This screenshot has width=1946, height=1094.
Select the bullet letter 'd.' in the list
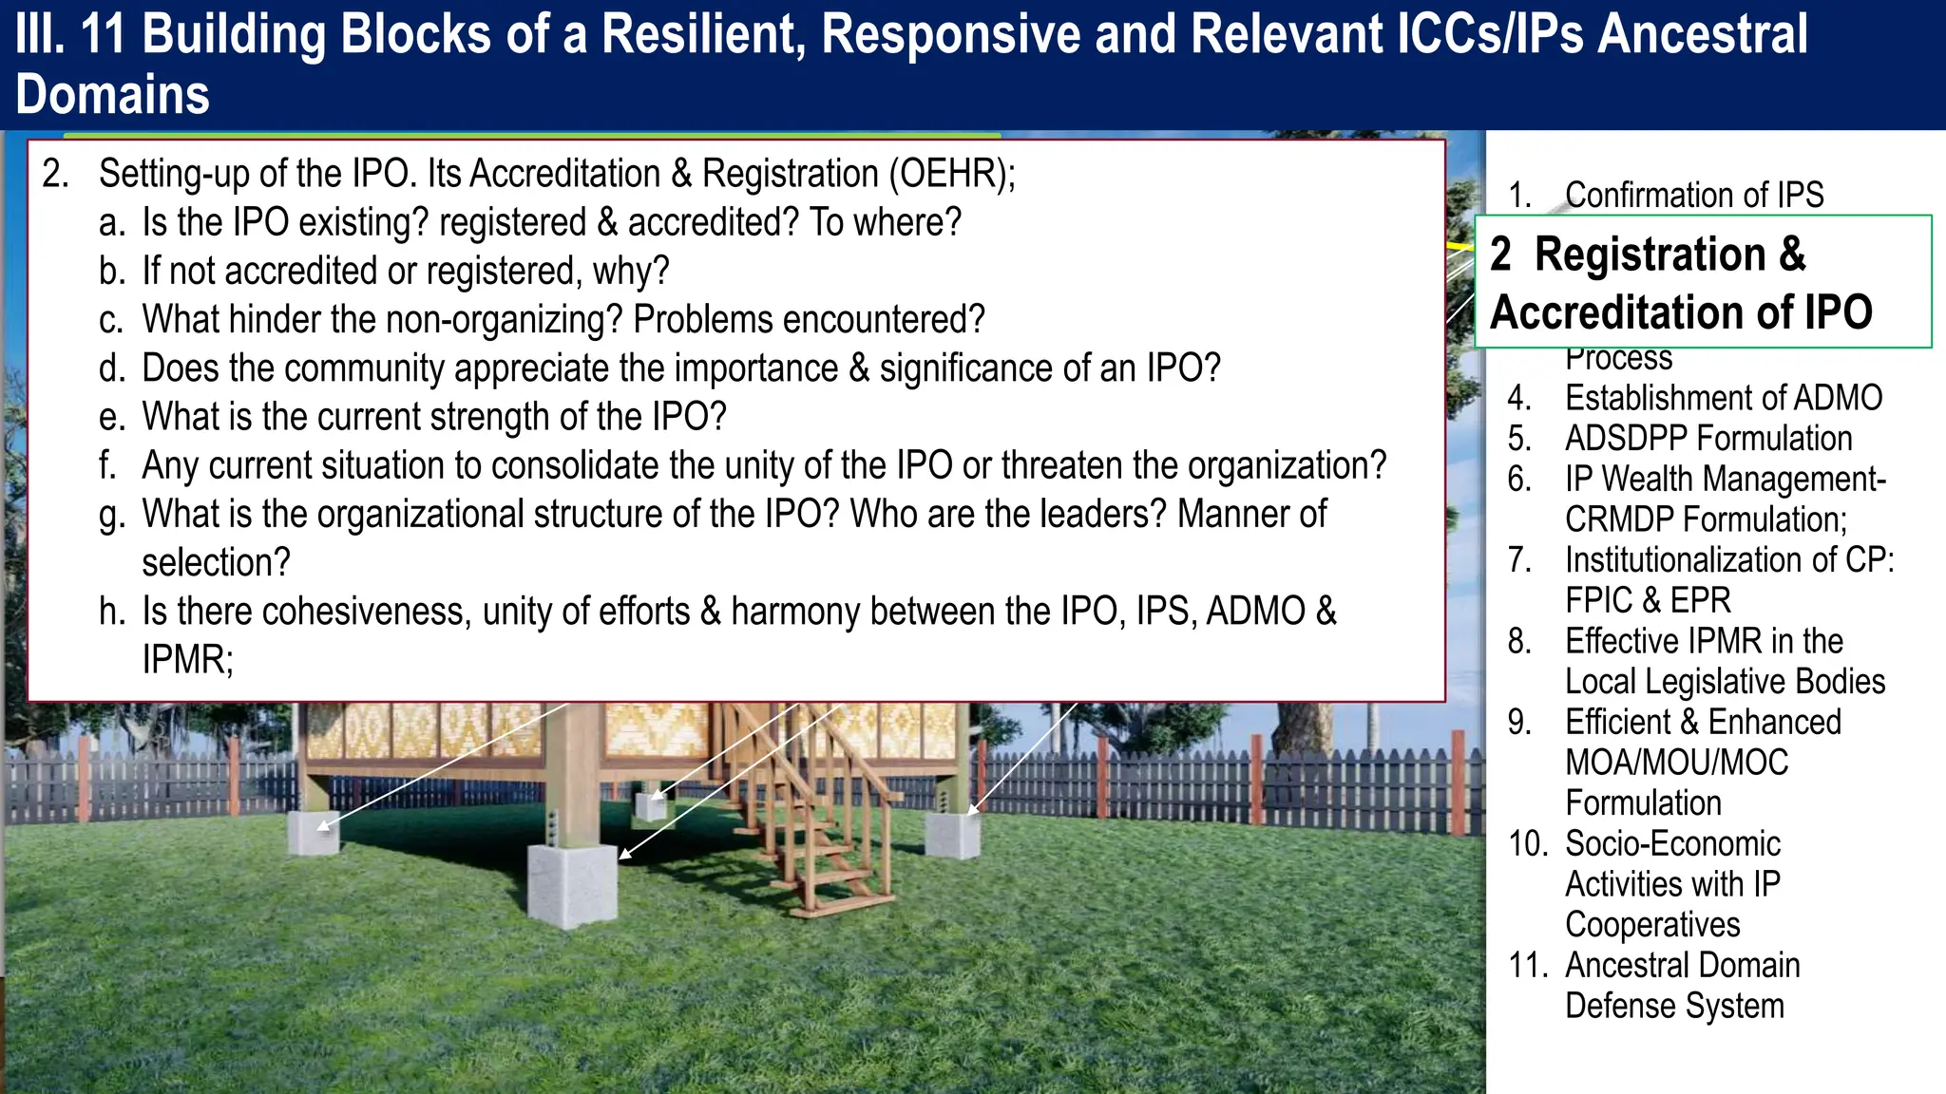pos(112,368)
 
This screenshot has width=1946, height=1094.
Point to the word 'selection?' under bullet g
pos(216,563)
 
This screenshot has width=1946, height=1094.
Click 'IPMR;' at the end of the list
pos(187,660)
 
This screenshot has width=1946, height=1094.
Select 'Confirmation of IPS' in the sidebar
pos(1693,195)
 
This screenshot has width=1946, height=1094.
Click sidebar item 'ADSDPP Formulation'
pos(1708,439)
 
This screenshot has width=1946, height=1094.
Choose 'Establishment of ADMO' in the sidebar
pos(1723,398)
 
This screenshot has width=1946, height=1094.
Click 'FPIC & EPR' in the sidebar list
pos(1648,601)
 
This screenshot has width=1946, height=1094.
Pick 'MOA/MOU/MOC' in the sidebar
pos(1676,763)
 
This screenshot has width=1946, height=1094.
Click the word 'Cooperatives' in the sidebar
pos(1651,925)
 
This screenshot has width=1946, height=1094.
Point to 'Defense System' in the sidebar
pos(1674,1006)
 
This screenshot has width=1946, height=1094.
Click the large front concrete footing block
pos(571,884)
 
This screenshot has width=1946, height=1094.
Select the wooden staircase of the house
pos(812,817)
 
